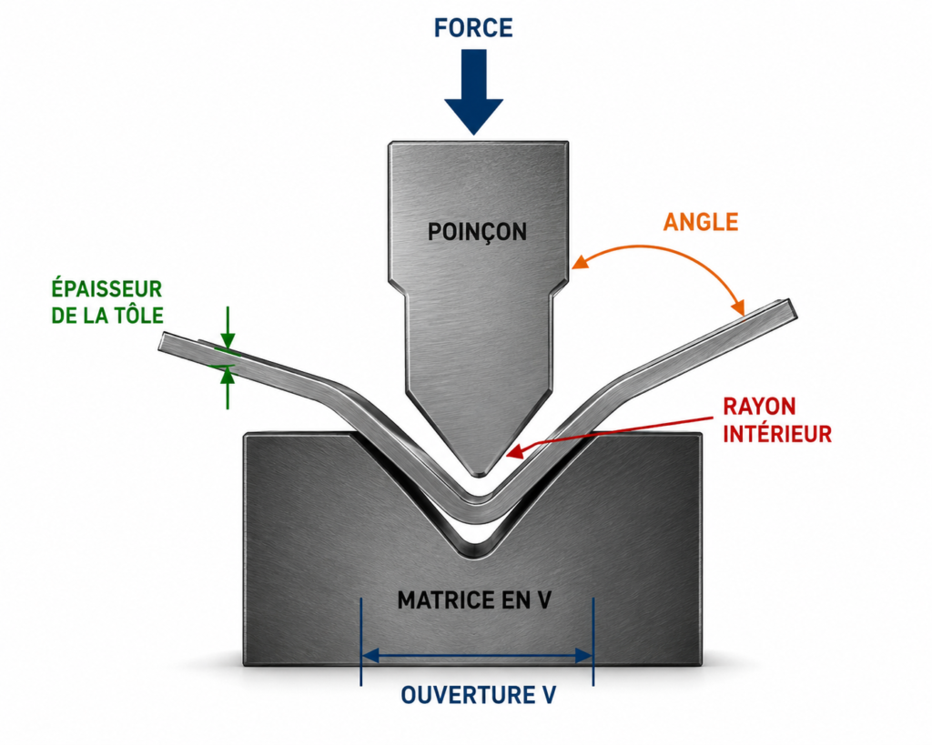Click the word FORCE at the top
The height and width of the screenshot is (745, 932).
pos(473,28)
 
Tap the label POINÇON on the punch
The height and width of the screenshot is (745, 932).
pos(477,232)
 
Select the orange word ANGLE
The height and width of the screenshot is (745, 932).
pos(701,222)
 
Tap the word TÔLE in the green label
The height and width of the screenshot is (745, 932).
pos(138,316)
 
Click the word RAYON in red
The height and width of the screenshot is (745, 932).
pos(759,407)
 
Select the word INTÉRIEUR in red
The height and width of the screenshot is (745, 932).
pos(777,434)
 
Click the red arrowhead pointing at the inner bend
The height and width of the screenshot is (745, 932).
pos(514,451)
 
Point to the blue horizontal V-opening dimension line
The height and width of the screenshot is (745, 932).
pos(477,656)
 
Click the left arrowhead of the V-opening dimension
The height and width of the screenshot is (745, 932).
pos(370,656)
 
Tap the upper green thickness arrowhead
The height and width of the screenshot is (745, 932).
pos(228,341)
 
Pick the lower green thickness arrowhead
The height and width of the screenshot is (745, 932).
pos(228,375)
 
